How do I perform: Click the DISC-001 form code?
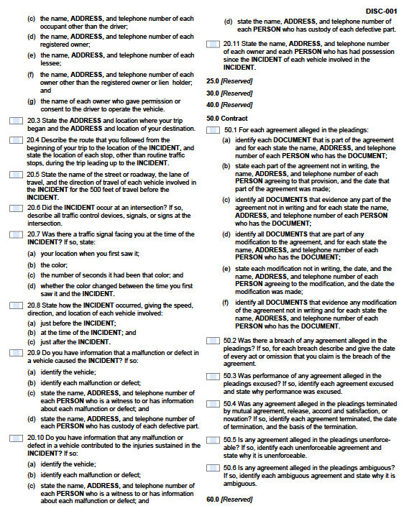point(380,11)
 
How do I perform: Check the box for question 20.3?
point(17,121)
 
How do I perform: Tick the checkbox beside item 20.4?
point(17,139)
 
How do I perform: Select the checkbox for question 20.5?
point(17,174)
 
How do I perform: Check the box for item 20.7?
point(17,235)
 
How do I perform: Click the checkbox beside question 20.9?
point(17,353)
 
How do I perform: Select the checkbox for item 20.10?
point(17,437)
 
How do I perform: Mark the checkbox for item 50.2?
point(213,341)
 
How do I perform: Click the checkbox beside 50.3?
point(213,376)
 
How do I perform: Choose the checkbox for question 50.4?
point(213,404)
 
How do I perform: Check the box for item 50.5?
point(213,438)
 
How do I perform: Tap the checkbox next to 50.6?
point(213,467)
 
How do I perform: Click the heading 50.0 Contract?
point(227,118)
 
